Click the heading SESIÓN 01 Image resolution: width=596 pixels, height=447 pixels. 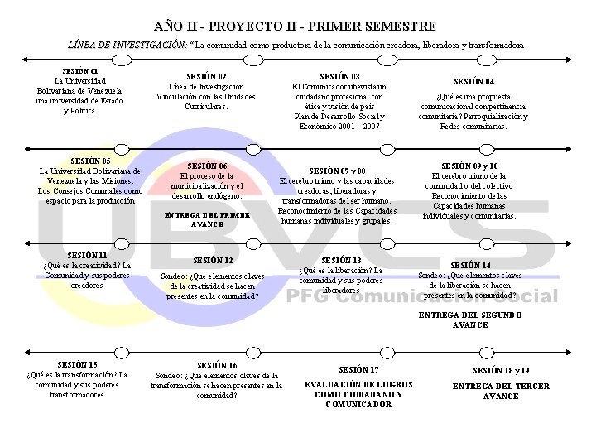80,71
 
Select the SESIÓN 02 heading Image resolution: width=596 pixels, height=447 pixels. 206,76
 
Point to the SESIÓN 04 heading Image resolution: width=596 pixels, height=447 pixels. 474,82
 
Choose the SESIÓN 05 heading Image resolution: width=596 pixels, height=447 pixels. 90,161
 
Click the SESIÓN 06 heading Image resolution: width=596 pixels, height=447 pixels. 207,166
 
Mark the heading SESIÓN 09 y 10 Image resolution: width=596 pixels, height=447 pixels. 469,166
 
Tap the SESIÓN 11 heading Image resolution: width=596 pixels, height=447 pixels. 87,255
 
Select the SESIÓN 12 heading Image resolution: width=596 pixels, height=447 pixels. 213,261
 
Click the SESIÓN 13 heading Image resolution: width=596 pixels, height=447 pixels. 340,260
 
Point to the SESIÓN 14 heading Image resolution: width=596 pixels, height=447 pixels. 470,266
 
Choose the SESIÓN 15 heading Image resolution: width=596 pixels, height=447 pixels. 77,364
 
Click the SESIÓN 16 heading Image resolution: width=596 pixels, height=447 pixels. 217,365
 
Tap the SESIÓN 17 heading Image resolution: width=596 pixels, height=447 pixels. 358,369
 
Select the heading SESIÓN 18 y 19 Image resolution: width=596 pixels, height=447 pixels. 501,371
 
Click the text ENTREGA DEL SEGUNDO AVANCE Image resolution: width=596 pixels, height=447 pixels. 470,320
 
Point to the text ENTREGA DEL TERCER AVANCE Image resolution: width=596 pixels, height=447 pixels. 501,391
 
